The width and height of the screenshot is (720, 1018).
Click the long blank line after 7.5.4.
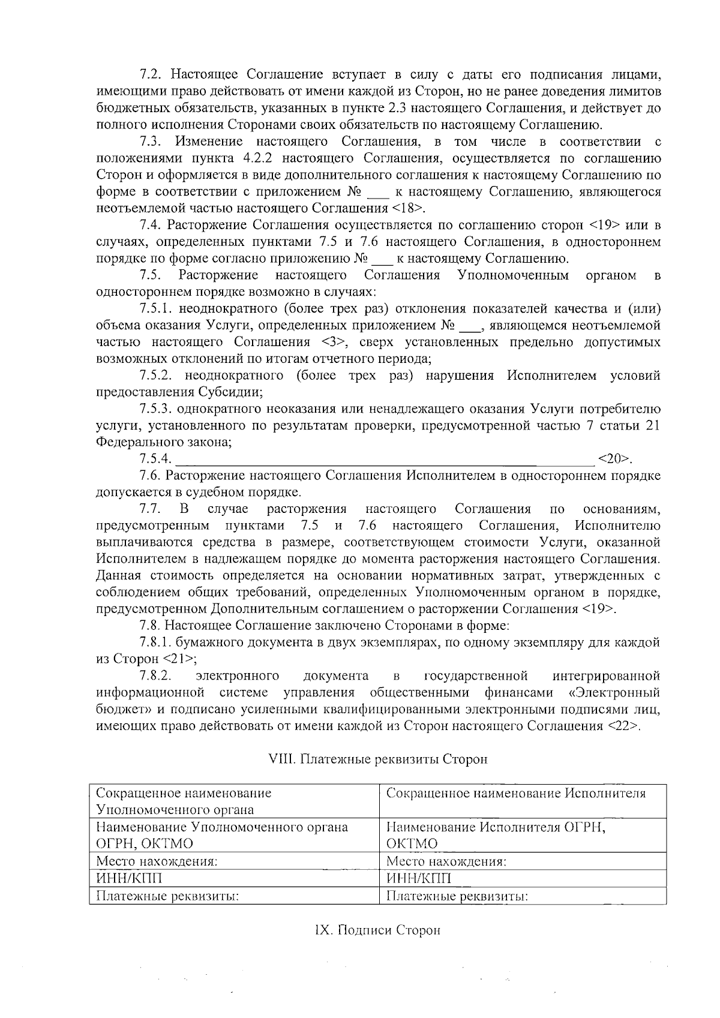pos(384,461)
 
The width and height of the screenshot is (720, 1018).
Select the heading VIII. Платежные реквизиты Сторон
pos(377,759)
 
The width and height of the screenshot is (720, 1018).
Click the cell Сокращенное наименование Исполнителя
pos(516,794)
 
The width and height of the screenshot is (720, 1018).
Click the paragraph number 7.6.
pos(151,476)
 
